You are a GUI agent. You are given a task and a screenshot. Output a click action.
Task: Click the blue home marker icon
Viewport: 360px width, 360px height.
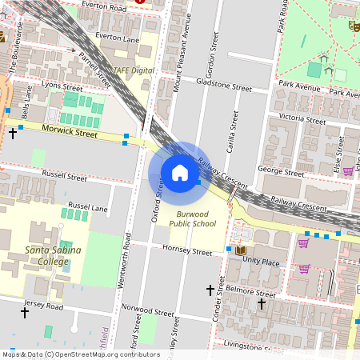coord(179,173)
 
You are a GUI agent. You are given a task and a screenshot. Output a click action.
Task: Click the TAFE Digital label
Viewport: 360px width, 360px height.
coord(134,70)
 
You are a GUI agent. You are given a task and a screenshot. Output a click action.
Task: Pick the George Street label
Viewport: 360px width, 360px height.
coord(282,171)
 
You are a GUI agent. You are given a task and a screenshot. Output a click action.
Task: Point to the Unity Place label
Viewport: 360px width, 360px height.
coord(261,262)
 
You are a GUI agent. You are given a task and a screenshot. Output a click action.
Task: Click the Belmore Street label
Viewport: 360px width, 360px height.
coord(251,294)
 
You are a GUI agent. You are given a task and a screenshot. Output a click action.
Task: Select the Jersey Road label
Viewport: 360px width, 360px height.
coord(44,306)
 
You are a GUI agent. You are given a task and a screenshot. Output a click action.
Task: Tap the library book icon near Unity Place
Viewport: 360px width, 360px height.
coord(239,250)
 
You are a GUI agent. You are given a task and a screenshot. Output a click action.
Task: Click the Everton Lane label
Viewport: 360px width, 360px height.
coord(118,37)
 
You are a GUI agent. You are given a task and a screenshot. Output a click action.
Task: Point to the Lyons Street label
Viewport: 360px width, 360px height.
coord(62,86)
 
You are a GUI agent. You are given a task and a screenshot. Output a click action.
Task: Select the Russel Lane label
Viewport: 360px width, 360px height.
coord(87,206)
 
